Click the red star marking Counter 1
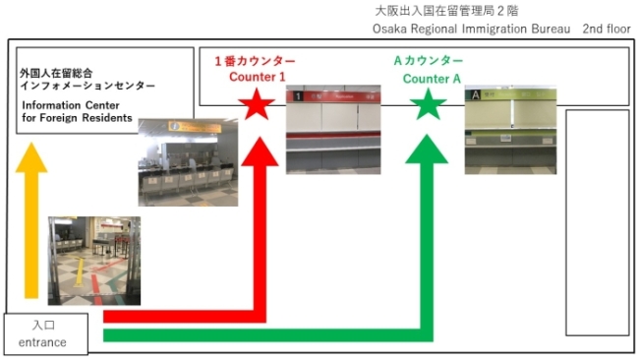pyautogui.click(x=257, y=105)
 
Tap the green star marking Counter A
pyautogui.click(x=428, y=105)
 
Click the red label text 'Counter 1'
pyautogui.click(x=258, y=77)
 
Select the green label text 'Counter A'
pyautogui.click(x=432, y=79)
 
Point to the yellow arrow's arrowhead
pyautogui.click(x=31, y=157)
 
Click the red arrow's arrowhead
pyautogui.click(x=260, y=151)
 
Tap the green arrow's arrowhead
pyautogui.click(x=427, y=150)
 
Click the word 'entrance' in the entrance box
pyautogui.click(x=42, y=342)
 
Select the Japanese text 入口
pyautogui.click(x=43, y=325)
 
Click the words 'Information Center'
pyautogui.click(x=71, y=105)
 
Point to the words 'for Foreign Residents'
pyautogui.click(x=77, y=118)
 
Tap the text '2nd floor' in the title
pyautogui.click(x=607, y=29)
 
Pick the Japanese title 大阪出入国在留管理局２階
pyautogui.click(x=446, y=11)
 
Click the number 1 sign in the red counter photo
pyautogui.click(x=298, y=96)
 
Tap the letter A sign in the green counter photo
pyautogui.click(x=475, y=95)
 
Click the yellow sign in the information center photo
pyautogui.click(x=195, y=127)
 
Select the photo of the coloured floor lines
pyautogui.click(x=94, y=261)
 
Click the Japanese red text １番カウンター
pyautogui.click(x=256, y=61)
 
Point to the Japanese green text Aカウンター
pyautogui.click(x=429, y=61)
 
